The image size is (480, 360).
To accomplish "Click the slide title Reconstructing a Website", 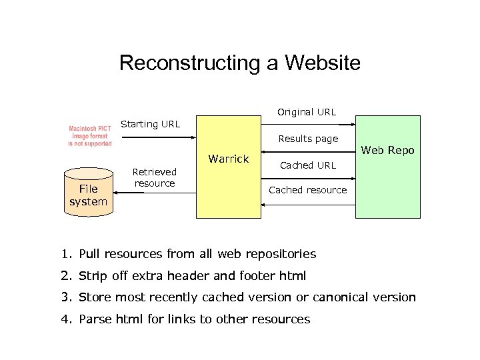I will tap(240, 63).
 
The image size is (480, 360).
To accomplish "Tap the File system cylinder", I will tap(88, 193).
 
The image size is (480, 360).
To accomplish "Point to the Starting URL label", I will tap(150, 124).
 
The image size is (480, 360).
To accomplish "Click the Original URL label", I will tap(307, 112).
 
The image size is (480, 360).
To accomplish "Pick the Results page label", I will tap(308, 139).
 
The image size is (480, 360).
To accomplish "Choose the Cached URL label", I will tap(307, 165).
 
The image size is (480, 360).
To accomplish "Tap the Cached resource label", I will tap(307, 190).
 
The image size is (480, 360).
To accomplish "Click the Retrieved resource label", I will tap(155, 177).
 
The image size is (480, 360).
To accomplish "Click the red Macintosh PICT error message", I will tap(90, 135).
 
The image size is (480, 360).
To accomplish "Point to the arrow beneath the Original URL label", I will tap(307, 125).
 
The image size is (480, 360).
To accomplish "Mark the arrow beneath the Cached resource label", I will tap(307, 205).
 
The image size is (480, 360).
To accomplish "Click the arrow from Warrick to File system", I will tap(155, 192).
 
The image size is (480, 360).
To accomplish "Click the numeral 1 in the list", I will tap(65, 254).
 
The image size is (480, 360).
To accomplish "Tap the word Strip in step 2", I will tap(93, 275).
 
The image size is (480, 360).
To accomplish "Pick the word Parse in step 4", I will tap(95, 319).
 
